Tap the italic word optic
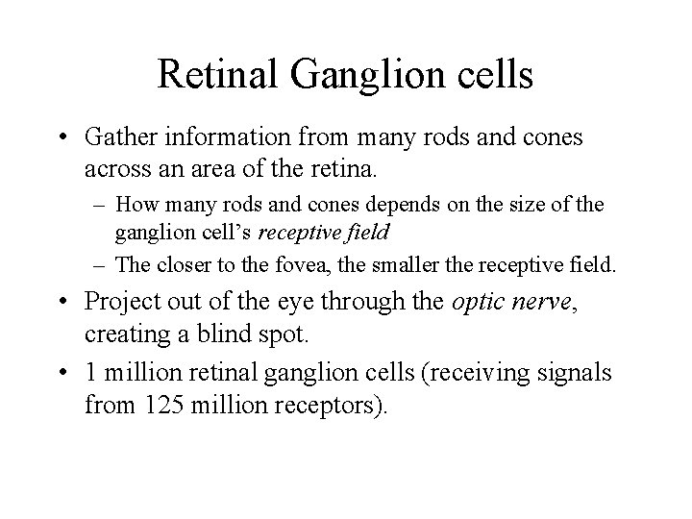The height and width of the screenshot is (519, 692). (478, 301)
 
